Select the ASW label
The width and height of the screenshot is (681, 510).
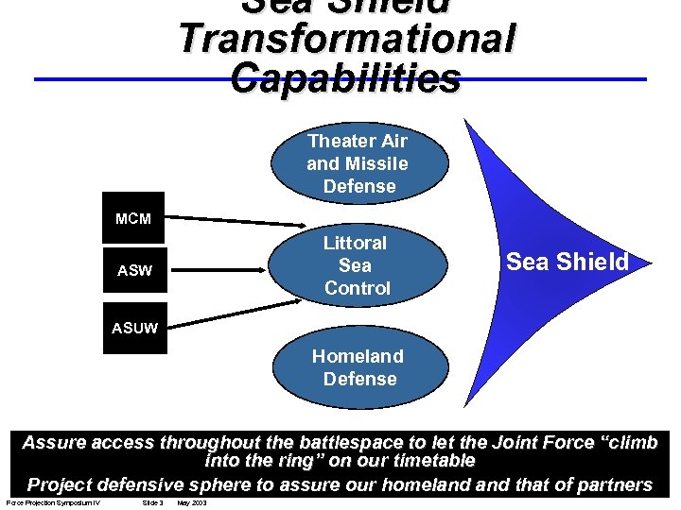(133, 271)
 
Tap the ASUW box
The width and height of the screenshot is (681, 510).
(133, 330)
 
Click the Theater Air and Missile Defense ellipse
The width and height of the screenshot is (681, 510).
(357, 163)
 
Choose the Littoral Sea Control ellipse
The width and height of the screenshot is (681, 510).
(357, 265)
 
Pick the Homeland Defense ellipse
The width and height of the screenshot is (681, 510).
(357, 367)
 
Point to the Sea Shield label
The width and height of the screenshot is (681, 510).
(567, 262)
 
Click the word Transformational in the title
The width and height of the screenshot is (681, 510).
(347, 40)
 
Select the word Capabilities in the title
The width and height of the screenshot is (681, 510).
(346, 77)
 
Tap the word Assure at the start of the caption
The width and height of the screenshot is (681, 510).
(55, 442)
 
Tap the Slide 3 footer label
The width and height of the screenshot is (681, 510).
(151, 502)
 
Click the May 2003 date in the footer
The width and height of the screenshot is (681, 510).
(192, 502)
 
